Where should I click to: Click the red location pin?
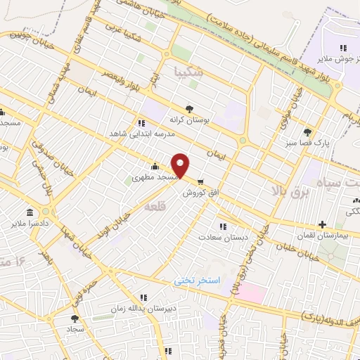(181, 165)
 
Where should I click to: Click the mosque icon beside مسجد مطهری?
(155, 167)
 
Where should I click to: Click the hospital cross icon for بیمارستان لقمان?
(322, 226)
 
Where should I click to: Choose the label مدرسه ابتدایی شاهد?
(138, 134)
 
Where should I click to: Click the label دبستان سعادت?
(224, 238)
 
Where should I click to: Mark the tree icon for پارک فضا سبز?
(307, 131)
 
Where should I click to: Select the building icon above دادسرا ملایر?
(30, 212)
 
